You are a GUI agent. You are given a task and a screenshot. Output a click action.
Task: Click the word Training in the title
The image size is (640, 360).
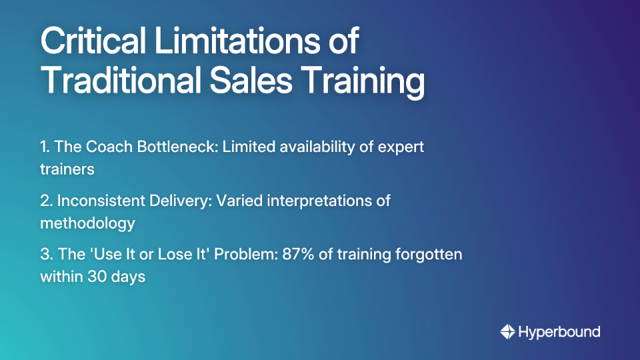(369, 83)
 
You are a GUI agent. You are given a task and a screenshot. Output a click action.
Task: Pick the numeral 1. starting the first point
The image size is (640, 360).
(45, 147)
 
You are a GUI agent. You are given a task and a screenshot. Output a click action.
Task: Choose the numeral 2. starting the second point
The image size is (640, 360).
(47, 201)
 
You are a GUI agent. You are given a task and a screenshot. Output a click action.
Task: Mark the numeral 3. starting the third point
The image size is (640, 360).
(47, 254)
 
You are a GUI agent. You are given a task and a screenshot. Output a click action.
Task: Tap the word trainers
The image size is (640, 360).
(67, 169)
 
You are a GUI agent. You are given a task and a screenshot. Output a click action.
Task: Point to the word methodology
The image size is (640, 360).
(87, 223)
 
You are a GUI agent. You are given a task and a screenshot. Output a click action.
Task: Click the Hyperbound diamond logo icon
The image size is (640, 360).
(507, 331)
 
